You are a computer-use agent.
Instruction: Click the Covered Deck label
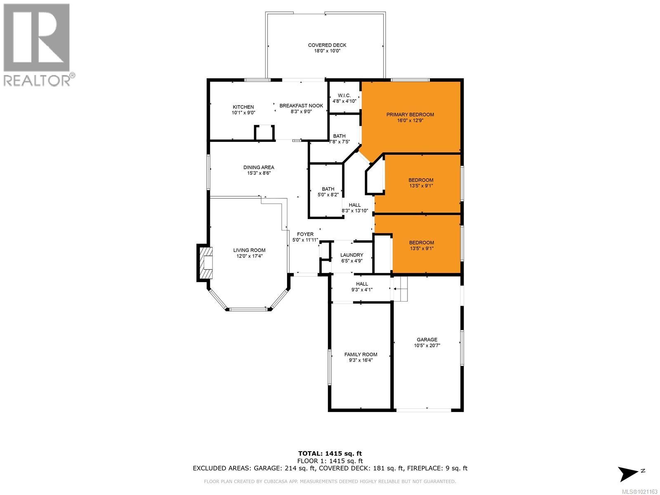click(327, 45)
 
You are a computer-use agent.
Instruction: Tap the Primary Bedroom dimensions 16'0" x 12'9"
click(410, 121)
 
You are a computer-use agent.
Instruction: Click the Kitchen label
click(243, 107)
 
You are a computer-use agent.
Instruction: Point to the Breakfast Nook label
click(301, 106)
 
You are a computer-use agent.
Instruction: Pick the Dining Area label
click(259, 167)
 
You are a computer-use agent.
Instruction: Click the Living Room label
click(249, 250)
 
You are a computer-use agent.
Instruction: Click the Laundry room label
click(352, 255)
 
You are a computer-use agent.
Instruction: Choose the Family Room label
click(361, 354)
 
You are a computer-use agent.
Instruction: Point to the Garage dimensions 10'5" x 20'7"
click(427, 346)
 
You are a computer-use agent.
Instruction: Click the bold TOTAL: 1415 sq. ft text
click(330, 453)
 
